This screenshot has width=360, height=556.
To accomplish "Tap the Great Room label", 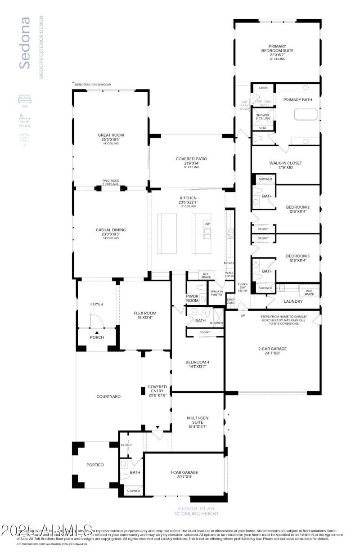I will point(111,135).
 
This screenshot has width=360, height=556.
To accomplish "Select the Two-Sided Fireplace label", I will point(111,182).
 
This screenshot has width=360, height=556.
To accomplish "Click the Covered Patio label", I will point(191,159).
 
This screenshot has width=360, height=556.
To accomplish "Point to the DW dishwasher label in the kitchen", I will point(207,224).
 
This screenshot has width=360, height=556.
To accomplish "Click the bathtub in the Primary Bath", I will point(306,114).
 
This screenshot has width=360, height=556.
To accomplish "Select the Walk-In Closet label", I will point(286,163).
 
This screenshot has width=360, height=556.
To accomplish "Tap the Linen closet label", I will point(263,88).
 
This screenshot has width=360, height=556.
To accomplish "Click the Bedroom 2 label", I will point(297,207).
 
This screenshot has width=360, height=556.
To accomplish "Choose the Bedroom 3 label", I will point(297,256).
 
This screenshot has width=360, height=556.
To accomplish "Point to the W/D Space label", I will point(309,292).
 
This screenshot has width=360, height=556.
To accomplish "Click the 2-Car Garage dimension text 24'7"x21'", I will point(272,353).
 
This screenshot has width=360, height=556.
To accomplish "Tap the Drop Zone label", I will point(231,301).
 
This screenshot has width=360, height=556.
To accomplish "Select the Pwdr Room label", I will point(192,298).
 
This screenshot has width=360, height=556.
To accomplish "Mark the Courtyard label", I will point(108,396).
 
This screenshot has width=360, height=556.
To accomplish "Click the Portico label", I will point(95,465).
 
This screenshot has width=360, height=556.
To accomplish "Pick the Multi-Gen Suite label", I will point(197,421).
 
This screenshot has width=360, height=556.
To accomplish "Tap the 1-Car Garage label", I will point(184,472).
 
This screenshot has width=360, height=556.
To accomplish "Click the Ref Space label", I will point(206,275).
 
